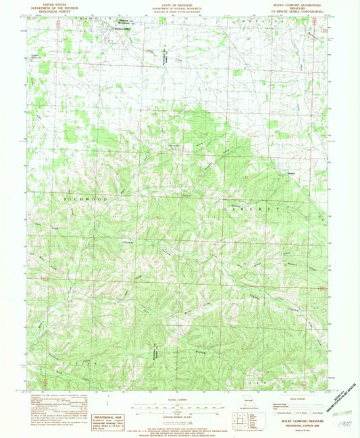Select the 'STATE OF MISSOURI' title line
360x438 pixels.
pos(179,4)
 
